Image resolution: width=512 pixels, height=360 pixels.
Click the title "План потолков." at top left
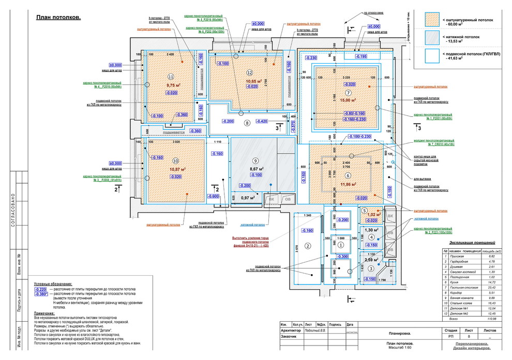(x=58, y=18)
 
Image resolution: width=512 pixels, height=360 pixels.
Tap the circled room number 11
(x=171, y=76)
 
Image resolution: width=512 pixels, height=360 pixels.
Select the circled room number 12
(x=250, y=73)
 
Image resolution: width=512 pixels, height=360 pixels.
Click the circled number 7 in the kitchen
(x=349, y=93)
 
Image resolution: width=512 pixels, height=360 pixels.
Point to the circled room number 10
(x=175, y=160)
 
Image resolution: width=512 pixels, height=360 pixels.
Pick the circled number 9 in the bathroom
(x=255, y=161)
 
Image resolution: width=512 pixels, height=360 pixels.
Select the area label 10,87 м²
(x=176, y=169)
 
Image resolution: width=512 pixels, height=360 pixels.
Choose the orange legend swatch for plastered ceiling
(x=432, y=20)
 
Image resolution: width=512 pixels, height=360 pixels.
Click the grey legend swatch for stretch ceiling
(x=432, y=37)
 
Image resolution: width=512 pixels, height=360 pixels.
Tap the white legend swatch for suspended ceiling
(x=432, y=55)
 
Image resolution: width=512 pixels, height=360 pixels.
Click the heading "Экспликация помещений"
(x=472, y=242)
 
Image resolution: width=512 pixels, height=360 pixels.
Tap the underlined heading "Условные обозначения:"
(x=53, y=284)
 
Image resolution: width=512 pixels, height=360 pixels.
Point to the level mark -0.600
(x=213, y=197)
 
